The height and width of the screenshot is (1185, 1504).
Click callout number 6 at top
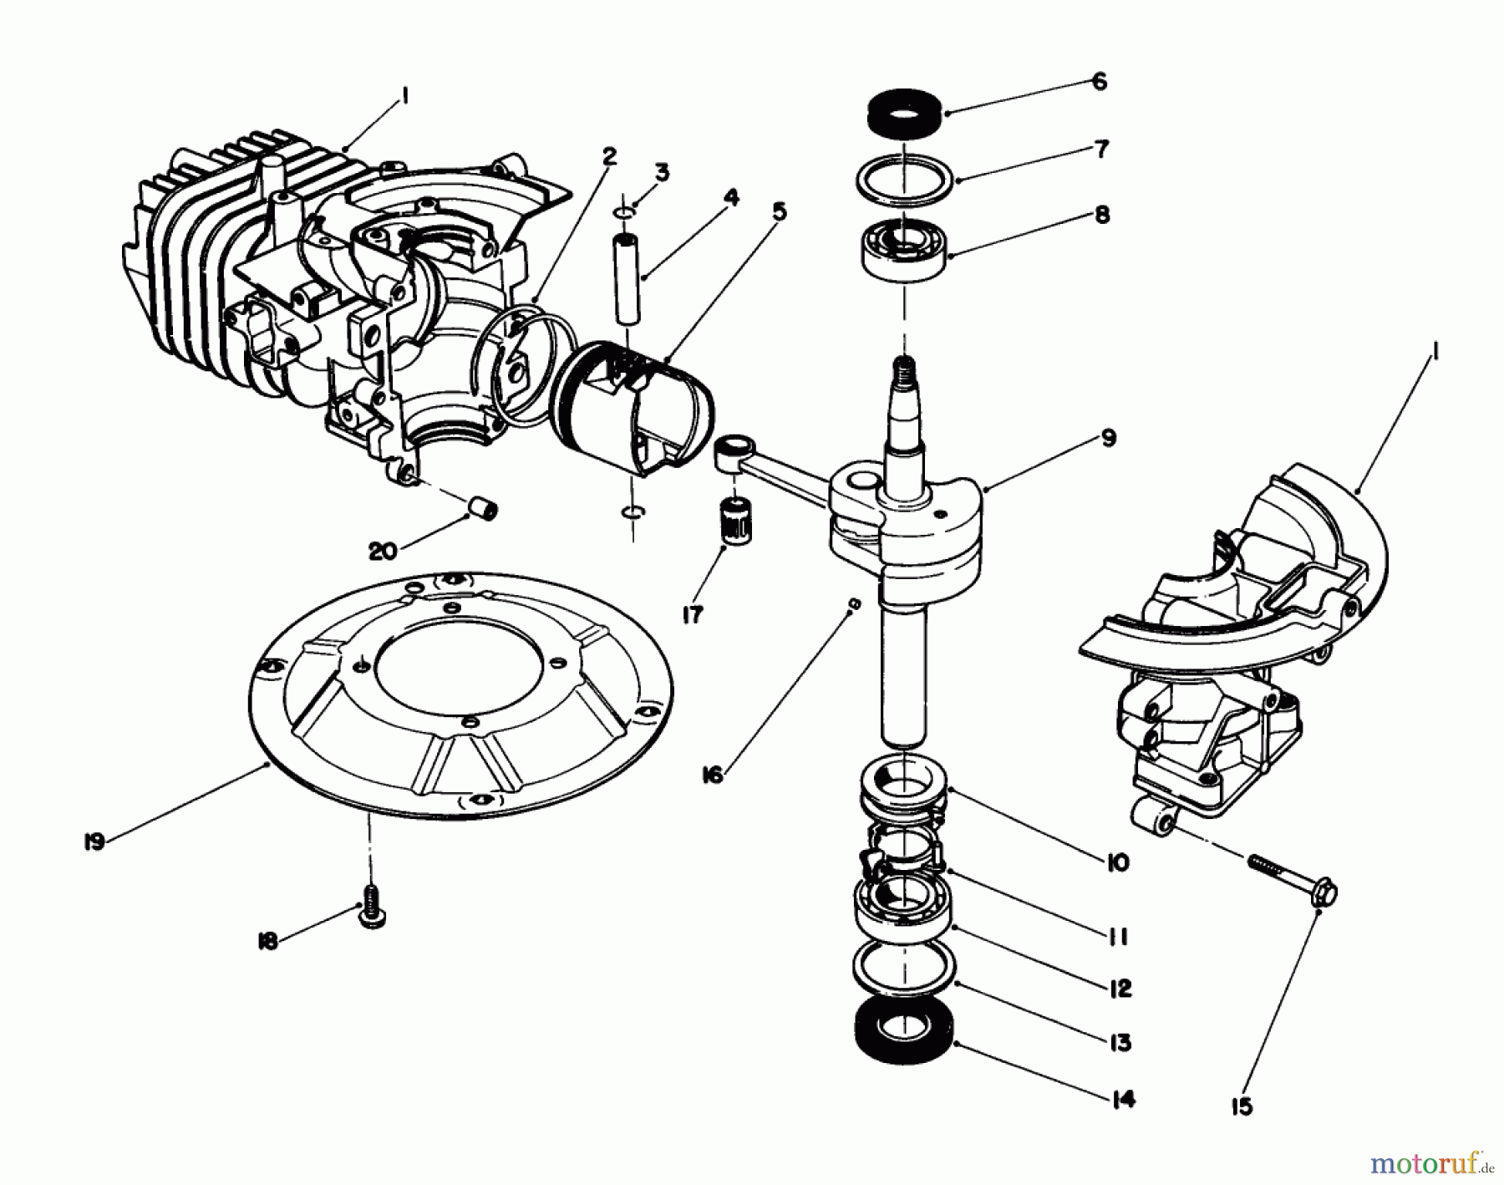click(1099, 81)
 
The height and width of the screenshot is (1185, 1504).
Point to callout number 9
click(1108, 437)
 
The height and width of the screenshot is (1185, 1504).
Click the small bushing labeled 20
click(484, 508)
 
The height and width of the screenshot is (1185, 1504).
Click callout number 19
click(94, 842)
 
